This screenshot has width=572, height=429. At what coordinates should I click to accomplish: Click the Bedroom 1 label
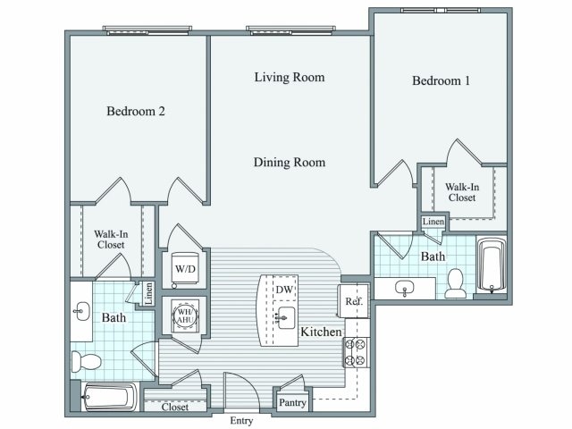(x=441, y=81)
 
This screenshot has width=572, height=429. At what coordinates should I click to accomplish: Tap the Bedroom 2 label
(x=136, y=112)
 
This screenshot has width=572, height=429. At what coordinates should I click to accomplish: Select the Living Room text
(x=289, y=78)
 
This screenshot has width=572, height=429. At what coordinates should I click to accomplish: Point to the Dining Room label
(x=289, y=163)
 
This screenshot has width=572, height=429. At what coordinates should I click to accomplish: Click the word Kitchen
(x=322, y=332)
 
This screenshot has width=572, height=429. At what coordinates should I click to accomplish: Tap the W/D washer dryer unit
(x=186, y=267)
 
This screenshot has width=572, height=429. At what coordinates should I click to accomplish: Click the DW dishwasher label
(x=284, y=290)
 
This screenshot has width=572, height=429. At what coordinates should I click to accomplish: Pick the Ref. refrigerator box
(x=353, y=302)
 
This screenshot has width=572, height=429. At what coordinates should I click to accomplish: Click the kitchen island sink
(x=286, y=316)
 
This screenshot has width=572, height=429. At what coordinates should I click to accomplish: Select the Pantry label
(x=292, y=403)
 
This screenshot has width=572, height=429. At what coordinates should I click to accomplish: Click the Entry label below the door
(x=242, y=420)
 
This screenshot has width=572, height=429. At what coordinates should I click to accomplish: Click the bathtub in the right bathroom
(x=492, y=265)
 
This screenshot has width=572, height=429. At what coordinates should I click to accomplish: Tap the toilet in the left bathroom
(x=85, y=362)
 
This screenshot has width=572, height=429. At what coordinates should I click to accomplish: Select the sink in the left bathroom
(x=81, y=312)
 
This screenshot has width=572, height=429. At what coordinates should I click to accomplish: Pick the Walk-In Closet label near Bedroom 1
(x=462, y=192)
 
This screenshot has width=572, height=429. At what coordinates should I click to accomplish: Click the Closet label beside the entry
(x=174, y=407)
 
